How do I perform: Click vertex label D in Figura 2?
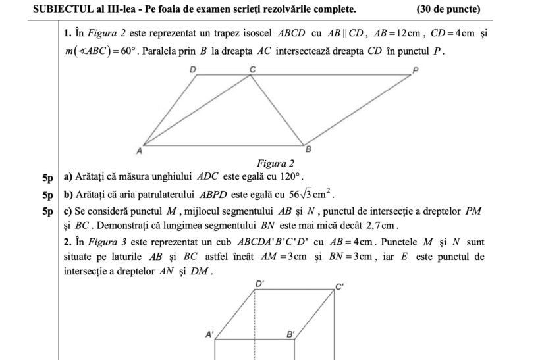[193, 69]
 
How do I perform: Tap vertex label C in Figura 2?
[251, 68]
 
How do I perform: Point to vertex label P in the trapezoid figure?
[415, 70]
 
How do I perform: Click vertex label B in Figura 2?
[308, 150]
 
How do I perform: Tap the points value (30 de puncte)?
[448, 9]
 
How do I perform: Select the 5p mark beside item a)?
[47, 178]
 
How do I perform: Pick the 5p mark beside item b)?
[47, 195]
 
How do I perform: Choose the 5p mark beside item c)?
[47, 211]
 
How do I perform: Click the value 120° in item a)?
[290, 177]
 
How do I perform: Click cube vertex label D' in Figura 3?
[260, 284]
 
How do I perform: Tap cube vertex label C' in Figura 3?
[340, 286]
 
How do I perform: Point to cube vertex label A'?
[210, 334]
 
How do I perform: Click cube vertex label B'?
[290, 334]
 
